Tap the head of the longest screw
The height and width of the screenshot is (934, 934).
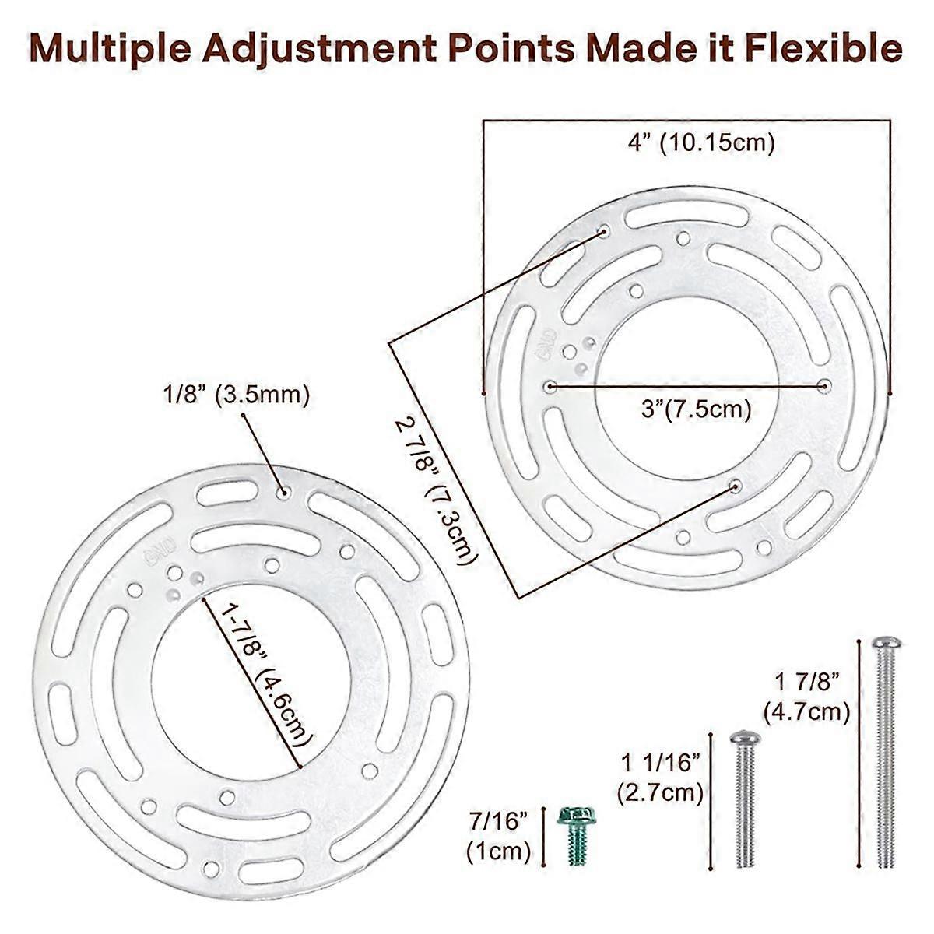(x=887, y=643)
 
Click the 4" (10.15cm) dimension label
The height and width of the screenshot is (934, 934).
(x=701, y=143)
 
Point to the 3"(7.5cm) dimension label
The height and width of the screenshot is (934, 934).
(x=697, y=409)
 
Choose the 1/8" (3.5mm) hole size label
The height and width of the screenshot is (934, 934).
(x=236, y=395)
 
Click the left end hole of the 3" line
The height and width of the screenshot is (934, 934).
(x=550, y=386)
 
